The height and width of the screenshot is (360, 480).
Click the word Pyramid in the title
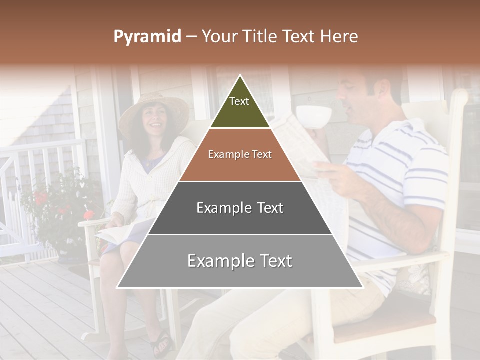click(147, 37)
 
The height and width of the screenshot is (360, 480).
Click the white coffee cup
click(314, 116)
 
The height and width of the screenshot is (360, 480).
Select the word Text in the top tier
click(239, 101)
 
